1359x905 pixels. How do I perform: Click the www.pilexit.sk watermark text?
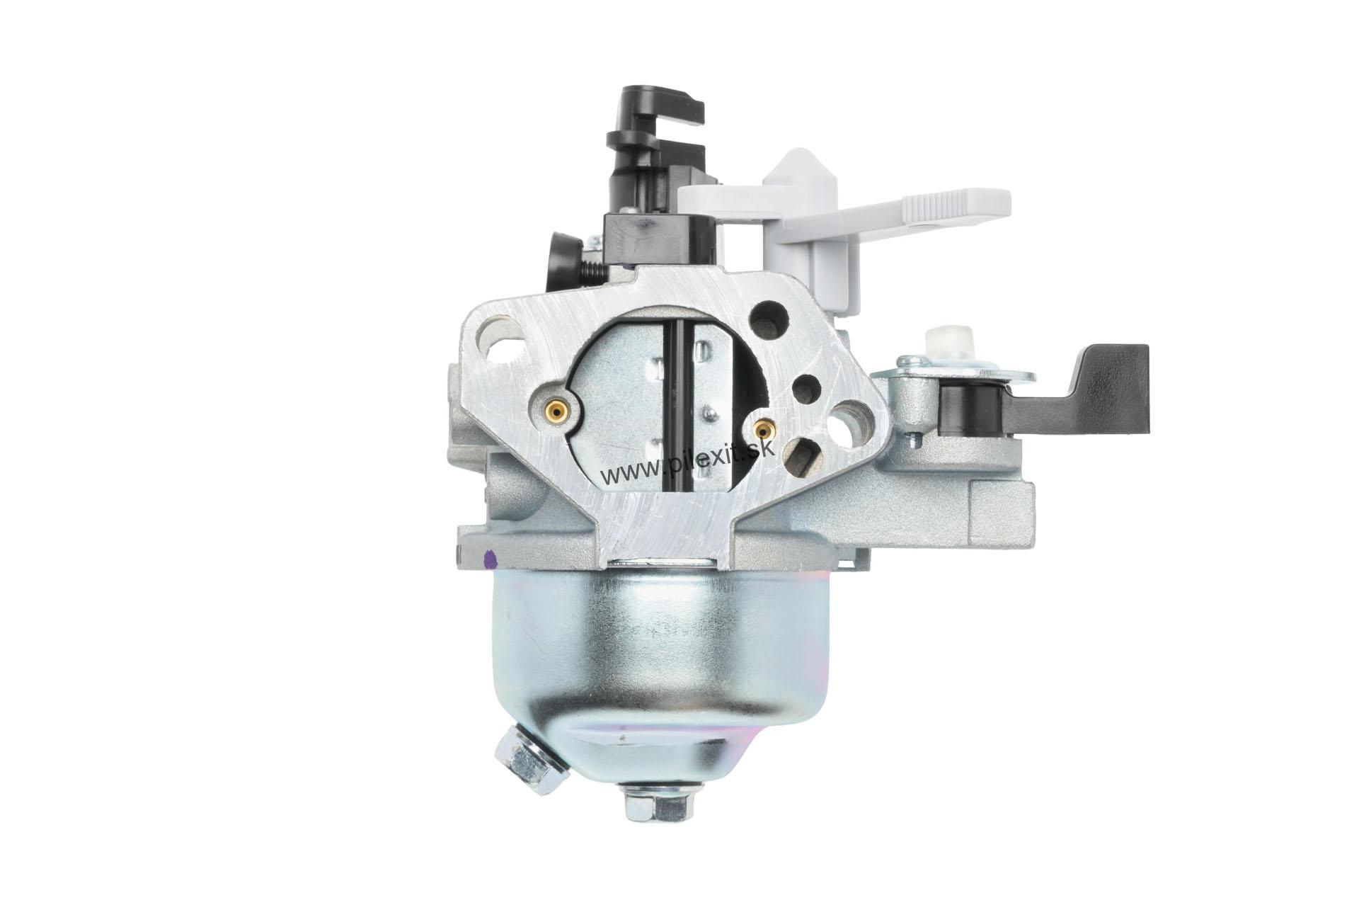[x=689, y=462]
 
